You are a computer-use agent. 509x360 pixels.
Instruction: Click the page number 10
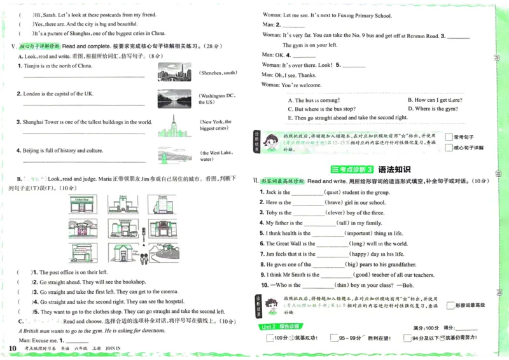click(x=12, y=348)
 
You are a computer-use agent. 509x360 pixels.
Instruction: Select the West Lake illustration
click(x=174, y=156)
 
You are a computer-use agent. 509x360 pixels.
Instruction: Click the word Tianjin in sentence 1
click(x=33, y=66)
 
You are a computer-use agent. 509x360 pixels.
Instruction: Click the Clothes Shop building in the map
click(x=83, y=204)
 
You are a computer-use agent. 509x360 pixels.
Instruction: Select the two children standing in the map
click(x=143, y=258)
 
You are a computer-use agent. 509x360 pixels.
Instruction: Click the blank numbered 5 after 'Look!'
click(x=354, y=66)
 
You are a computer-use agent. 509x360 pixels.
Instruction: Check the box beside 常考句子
click(x=449, y=137)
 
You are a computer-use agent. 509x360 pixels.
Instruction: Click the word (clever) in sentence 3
click(x=334, y=213)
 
